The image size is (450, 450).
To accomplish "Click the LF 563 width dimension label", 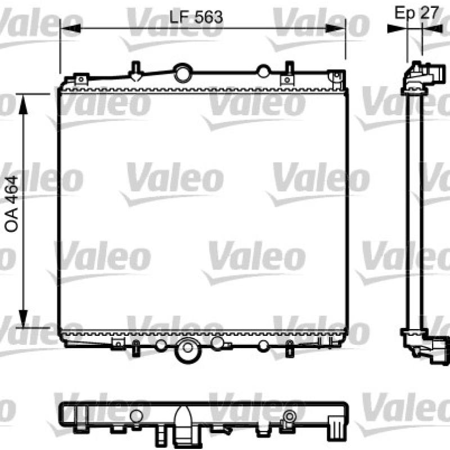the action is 196,17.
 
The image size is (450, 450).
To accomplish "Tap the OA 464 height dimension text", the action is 12,204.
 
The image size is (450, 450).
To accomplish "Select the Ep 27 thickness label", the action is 417,13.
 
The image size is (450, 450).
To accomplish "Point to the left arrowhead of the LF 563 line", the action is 71,28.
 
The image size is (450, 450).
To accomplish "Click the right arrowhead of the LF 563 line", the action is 335,28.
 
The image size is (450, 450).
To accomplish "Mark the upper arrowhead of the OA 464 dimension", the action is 23,104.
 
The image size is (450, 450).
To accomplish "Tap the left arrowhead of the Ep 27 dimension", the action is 397,29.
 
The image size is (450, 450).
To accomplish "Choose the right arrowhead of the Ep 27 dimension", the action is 433,29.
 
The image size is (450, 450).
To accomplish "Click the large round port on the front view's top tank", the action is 183,73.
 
